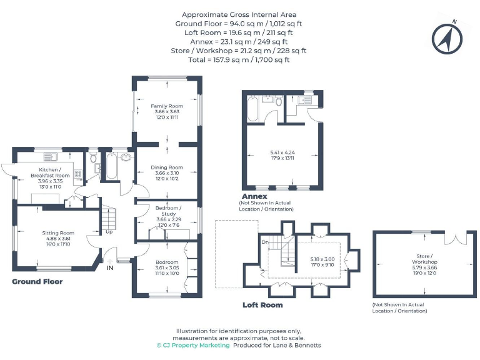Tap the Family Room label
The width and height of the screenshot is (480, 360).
point(167,106)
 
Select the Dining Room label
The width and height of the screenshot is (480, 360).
point(167,167)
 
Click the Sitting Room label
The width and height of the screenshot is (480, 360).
point(58,232)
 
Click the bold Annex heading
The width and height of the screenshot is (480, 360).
point(254,196)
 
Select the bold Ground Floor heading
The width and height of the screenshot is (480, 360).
point(37,282)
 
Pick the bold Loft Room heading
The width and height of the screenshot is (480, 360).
point(262,305)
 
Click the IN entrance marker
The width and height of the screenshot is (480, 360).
point(111,267)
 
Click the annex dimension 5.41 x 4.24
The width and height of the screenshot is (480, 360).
point(282,152)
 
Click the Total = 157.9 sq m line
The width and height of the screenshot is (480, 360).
point(239,60)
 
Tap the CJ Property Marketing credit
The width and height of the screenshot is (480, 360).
point(193,345)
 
